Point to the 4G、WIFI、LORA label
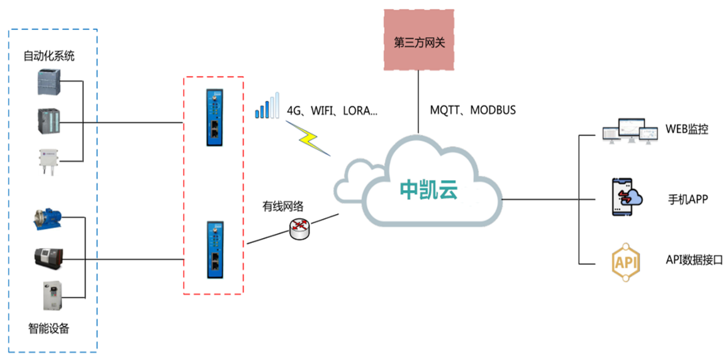pos(333,111)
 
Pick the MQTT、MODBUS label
pos(472,111)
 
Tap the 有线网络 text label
pos(283,207)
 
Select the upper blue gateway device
pos(213,118)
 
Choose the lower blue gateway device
pos(213,249)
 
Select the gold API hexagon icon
pos(626,262)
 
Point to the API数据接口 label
pos(694,260)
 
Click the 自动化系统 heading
pos(49,57)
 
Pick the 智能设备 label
pos(49,328)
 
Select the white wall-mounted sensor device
pos(49,160)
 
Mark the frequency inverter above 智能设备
pos(51,296)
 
